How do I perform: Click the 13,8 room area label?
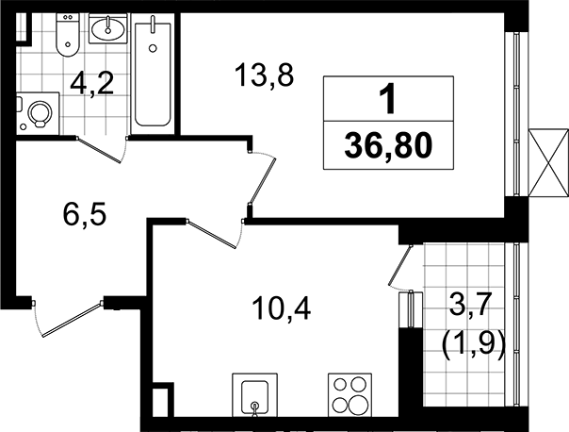tap(264, 75)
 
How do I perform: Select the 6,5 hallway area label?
tap(84, 214)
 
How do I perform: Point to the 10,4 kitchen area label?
tap(282, 308)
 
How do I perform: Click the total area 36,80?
tap(388, 146)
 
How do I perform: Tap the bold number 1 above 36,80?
tap(387, 98)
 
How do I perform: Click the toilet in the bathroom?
tap(68, 35)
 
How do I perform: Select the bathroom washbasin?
tap(107, 28)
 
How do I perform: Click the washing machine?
tap(38, 113)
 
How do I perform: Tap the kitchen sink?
tap(254, 395)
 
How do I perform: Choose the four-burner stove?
tap(350, 395)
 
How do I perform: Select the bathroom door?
tap(102, 149)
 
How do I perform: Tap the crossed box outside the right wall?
tap(548, 163)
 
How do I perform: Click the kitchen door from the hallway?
tap(215, 234)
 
